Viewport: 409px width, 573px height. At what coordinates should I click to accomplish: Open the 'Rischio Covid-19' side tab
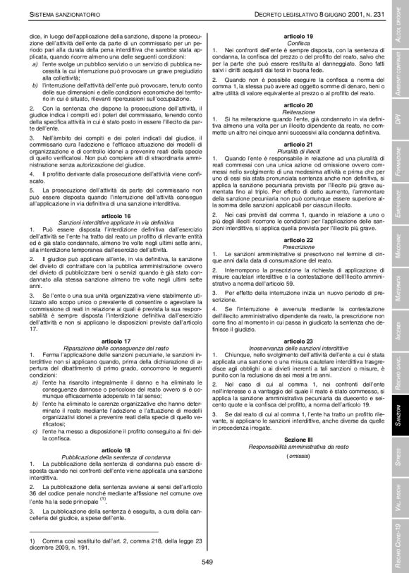point(398,545)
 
